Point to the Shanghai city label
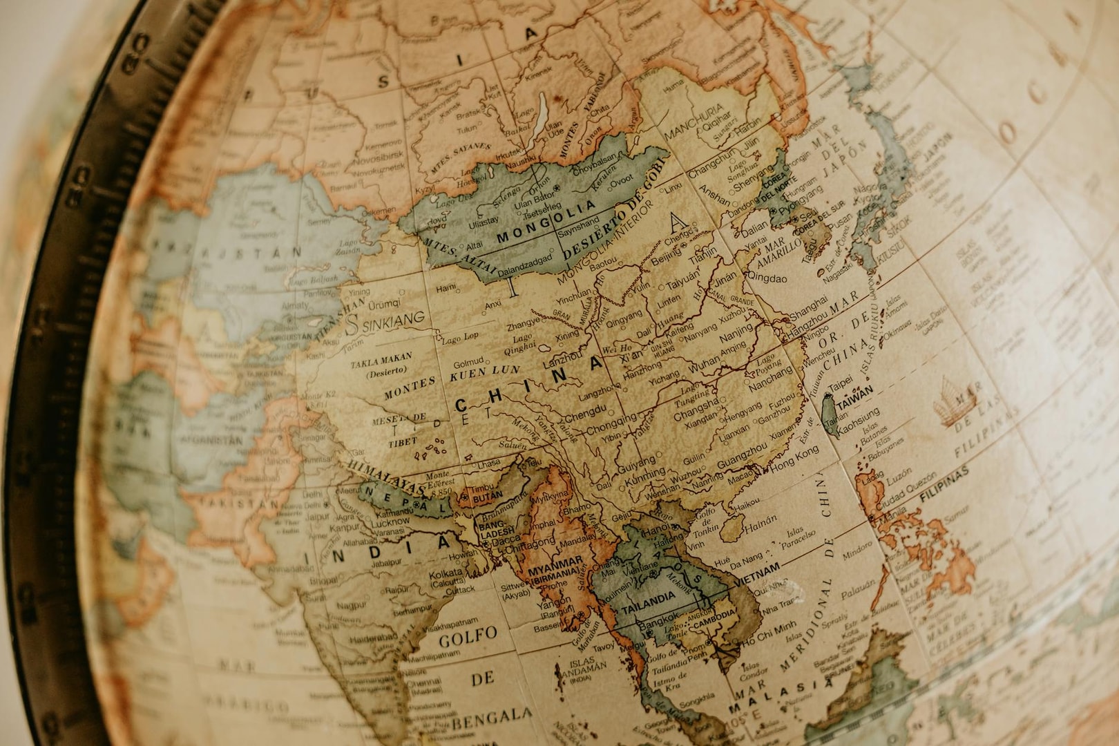[x=808, y=304]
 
